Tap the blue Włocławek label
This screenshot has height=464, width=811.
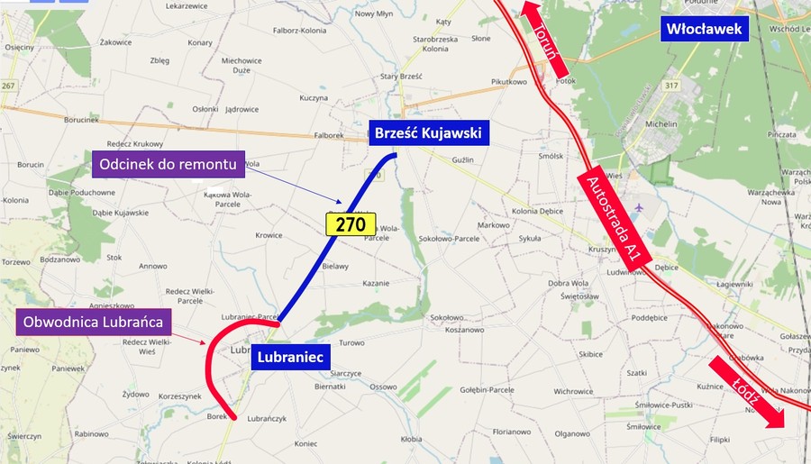click(x=705, y=30)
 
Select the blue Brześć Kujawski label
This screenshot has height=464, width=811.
click(x=429, y=134)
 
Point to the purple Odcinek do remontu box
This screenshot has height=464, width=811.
click(x=169, y=164)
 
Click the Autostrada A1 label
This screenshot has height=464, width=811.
click(x=613, y=216)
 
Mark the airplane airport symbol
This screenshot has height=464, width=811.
click(x=640, y=208)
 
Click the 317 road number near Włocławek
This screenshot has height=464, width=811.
click(x=671, y=86)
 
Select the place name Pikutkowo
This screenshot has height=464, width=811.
click(x=508, y=82)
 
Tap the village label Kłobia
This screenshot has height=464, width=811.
click(x=411, y=440)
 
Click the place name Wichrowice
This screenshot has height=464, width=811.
click(x=573, y=392)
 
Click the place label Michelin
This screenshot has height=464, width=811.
click(x=663, y=123)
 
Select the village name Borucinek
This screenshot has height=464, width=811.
click(x=81, y=119)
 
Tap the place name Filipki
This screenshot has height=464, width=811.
click(x=718, y=440)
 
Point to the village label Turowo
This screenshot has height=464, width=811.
click(x=351, y=343)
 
